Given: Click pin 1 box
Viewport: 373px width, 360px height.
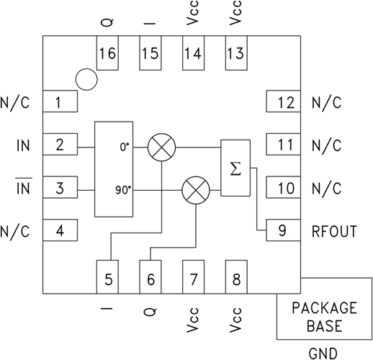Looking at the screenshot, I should tap(62, 102).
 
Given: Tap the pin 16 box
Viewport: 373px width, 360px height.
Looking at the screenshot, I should tap(107, 54).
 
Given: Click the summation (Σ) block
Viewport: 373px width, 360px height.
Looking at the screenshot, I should tap(234, 168).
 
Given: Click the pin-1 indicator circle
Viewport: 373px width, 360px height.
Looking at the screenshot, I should tap(86, 79).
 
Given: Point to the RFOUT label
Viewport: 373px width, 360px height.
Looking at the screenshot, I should tap(335, 232).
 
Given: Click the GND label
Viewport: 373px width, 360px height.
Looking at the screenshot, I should tap(323, 352).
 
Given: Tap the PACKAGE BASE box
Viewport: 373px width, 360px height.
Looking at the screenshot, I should tap(323, 317).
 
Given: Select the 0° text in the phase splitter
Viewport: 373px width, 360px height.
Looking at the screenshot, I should tap(123, 146).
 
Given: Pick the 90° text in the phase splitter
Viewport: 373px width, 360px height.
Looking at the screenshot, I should tap(122, 190).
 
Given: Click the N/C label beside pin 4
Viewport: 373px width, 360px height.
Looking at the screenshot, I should tap(16, 232).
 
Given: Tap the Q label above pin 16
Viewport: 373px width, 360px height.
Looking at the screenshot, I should tap(107, 20).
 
